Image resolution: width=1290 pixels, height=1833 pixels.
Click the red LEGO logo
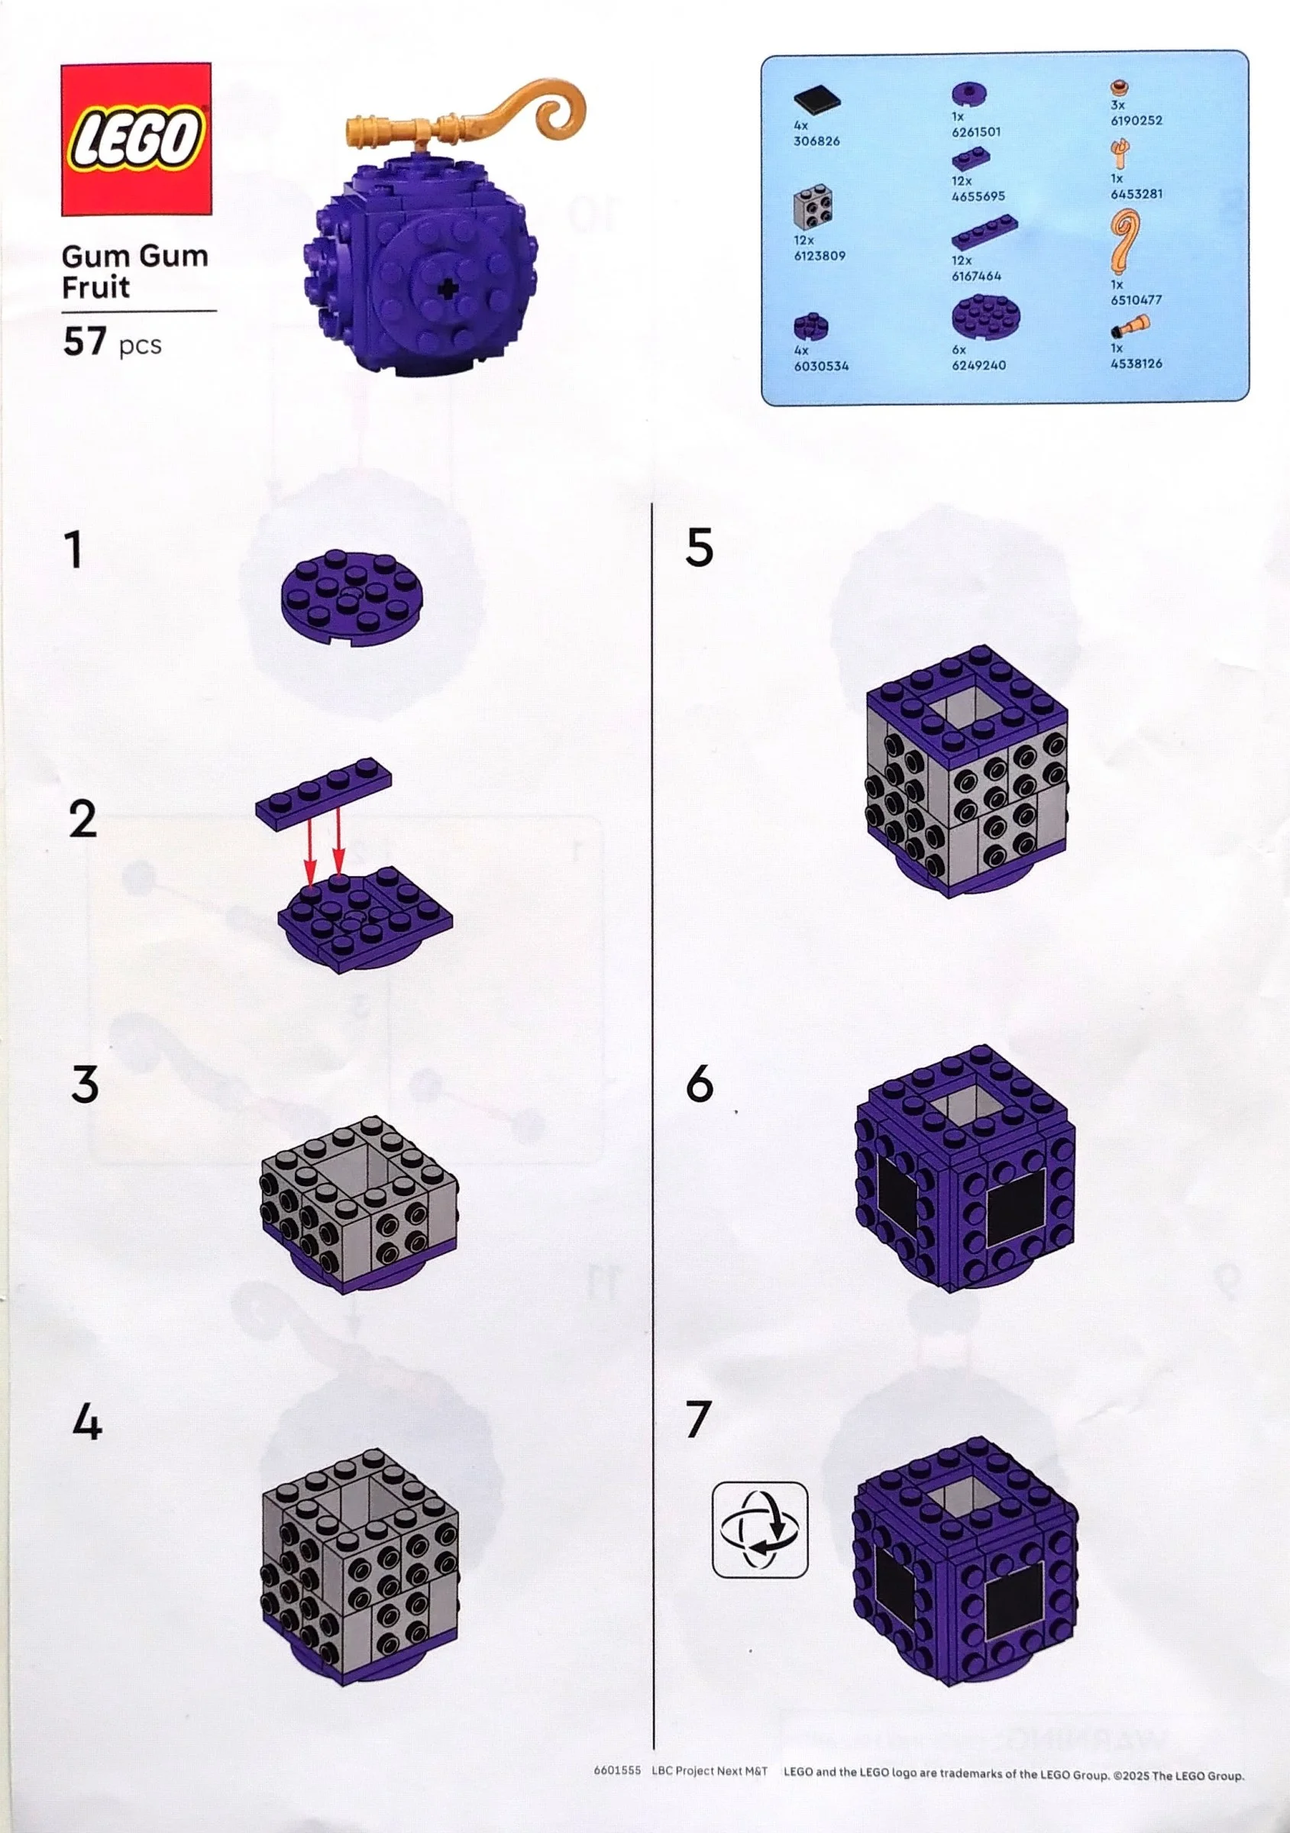pyautogui.click(x=136, y=139)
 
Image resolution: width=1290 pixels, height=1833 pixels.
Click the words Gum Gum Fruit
pyautogui.click(x=134, y=271)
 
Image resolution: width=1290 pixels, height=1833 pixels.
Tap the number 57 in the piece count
pyautogui.click(x=85, y=341)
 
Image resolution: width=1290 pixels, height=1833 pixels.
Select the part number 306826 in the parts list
pyautogui.click(x=816, y=141)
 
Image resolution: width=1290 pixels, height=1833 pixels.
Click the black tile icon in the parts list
pyautogui.click(x=816, y=101)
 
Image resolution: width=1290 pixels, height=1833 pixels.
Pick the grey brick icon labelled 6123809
pyautogui.click(x=814, y=210)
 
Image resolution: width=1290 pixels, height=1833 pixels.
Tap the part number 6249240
pyautogui.click(x=978, y=365)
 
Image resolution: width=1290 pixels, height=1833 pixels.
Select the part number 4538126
pyautogui.click(x=1136, y=364)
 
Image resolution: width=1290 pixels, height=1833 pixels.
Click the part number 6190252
pyautogui.click(x=1136, y=121)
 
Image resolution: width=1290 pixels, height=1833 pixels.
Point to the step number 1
pyautogui.click(x=74, y=550)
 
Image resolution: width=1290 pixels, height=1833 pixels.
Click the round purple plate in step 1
pyautogui.click(x=352, y=599)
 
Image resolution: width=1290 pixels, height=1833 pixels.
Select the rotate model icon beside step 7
pyautogui.click(x=759, y=1530)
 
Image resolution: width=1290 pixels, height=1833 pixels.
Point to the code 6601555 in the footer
pyautogui.click(x=617, y=1770)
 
